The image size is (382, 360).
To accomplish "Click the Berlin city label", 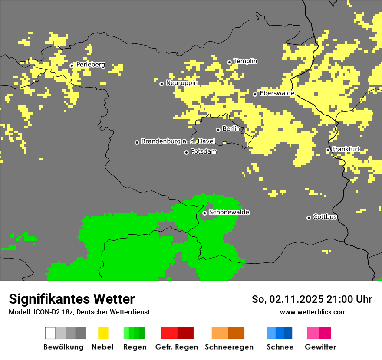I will point(231,129).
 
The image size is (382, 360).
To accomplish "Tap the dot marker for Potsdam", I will point(186,152).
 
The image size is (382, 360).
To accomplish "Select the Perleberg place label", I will point(90,65).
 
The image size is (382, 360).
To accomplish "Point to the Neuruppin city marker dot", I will point(161,84).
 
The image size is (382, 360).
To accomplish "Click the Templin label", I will point(246,61).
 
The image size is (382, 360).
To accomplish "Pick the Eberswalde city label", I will point(277,93).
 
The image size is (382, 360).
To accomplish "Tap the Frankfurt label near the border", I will point(346,149).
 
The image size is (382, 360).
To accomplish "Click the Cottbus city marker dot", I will point(309,218).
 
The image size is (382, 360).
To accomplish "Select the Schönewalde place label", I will point(229,213).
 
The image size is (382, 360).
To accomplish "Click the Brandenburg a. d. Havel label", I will point(178,141).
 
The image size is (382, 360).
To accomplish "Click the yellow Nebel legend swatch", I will point(103,333).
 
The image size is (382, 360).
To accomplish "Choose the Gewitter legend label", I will point(320,347).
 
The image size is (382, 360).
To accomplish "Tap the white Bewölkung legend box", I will point(50,333).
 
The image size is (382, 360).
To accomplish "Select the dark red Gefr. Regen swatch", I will point(185,333).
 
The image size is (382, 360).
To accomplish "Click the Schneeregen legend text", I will point(229,347).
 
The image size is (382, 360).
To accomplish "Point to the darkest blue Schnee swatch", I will point(288,333).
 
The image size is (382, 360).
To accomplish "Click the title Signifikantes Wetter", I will point(72,299).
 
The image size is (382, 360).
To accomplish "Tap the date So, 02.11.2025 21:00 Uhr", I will point(312,299).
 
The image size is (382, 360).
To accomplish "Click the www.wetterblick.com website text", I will point(313,312).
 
